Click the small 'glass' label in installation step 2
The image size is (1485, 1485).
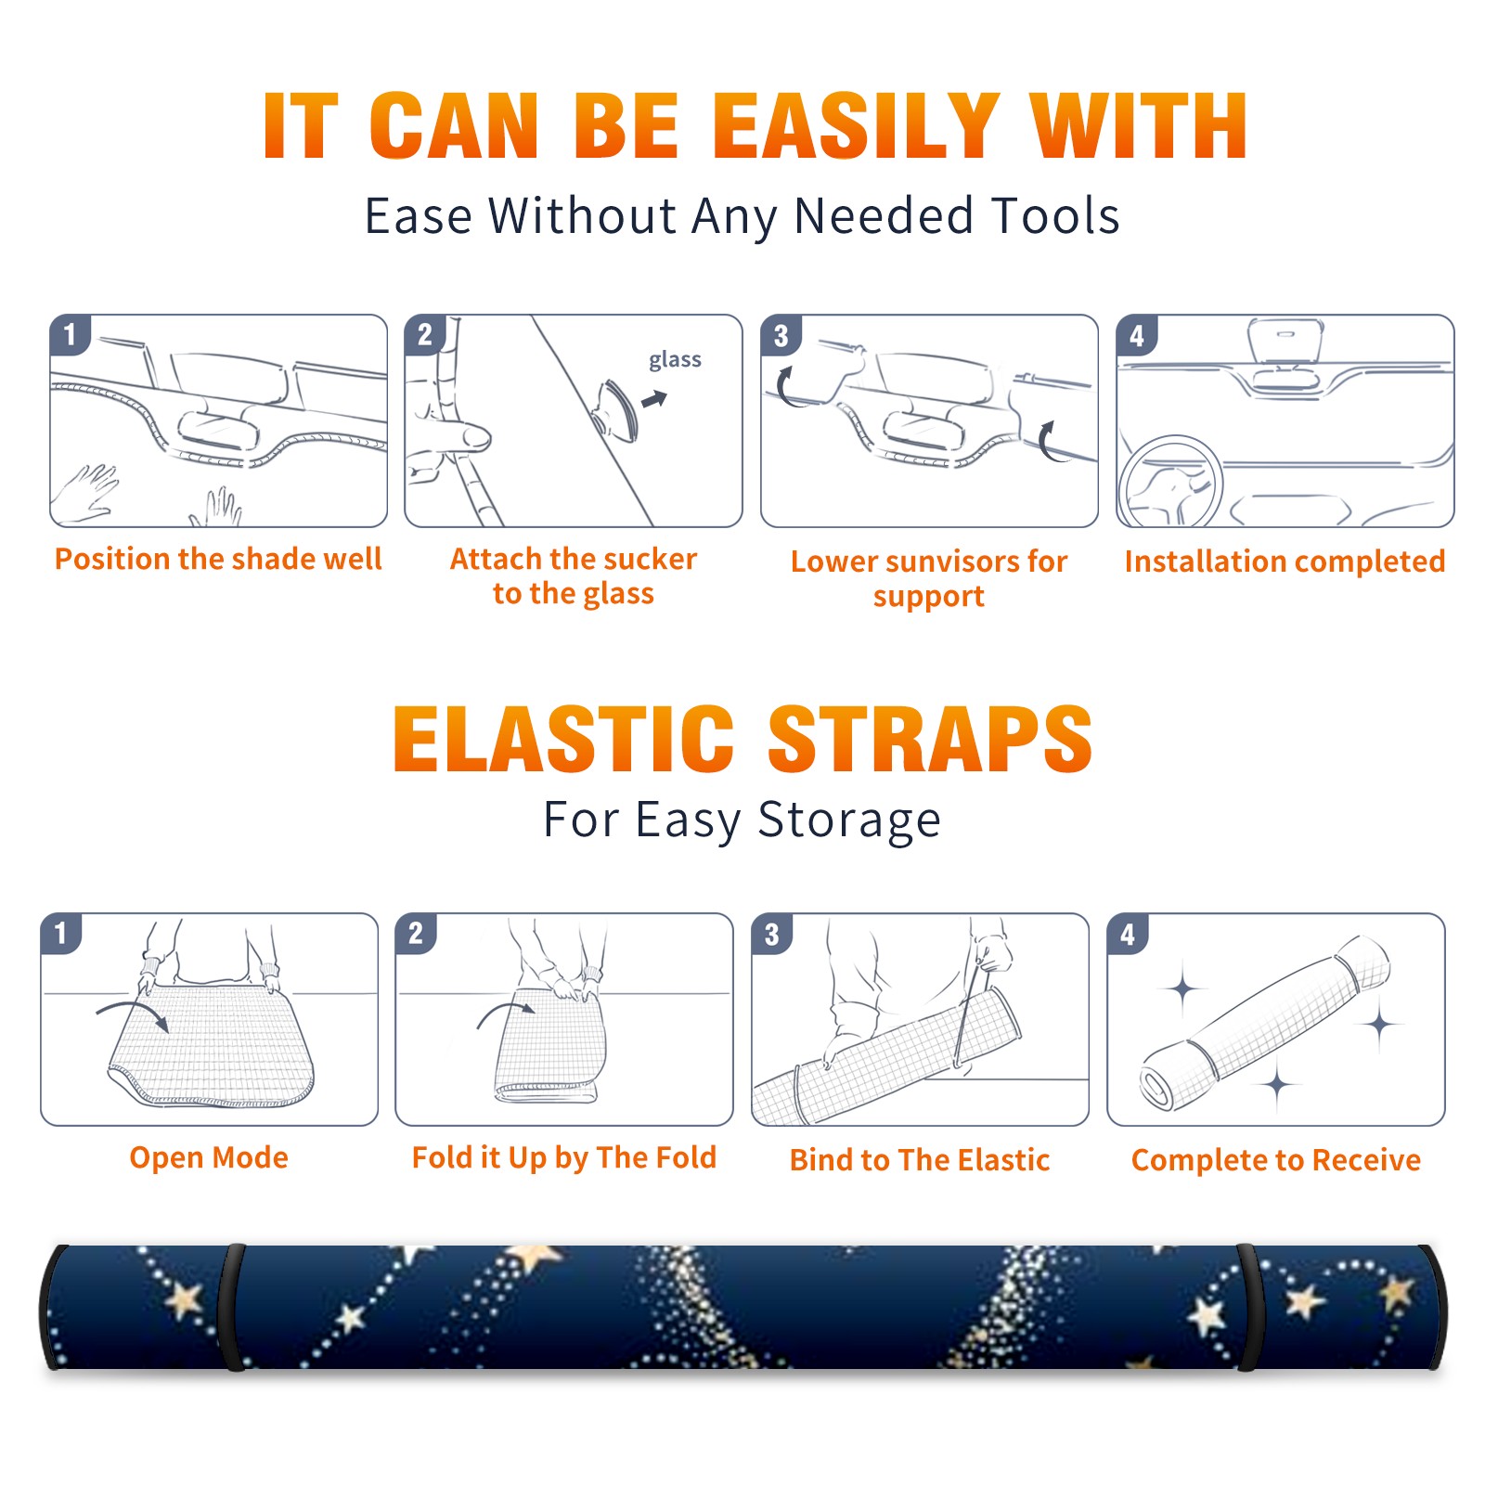[x=675, y=360]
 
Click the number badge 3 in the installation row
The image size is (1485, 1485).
[x=781, y=335]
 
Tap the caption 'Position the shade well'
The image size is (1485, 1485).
[x=218, y=559]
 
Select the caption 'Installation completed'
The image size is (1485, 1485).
[x=1285, y=561]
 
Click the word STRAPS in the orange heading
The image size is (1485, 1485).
[x=930, y=739]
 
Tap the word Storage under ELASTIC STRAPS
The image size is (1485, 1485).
[x=849, y=820]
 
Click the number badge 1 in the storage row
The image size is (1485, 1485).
[x=61, y=934]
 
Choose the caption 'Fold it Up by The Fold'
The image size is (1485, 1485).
[x=564, y=1157]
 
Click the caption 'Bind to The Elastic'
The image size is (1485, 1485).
[x=920, y=1159]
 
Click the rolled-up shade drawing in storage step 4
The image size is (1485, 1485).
[x=1265, y=1023]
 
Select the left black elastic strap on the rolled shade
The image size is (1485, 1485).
[x=232, y=1307]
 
